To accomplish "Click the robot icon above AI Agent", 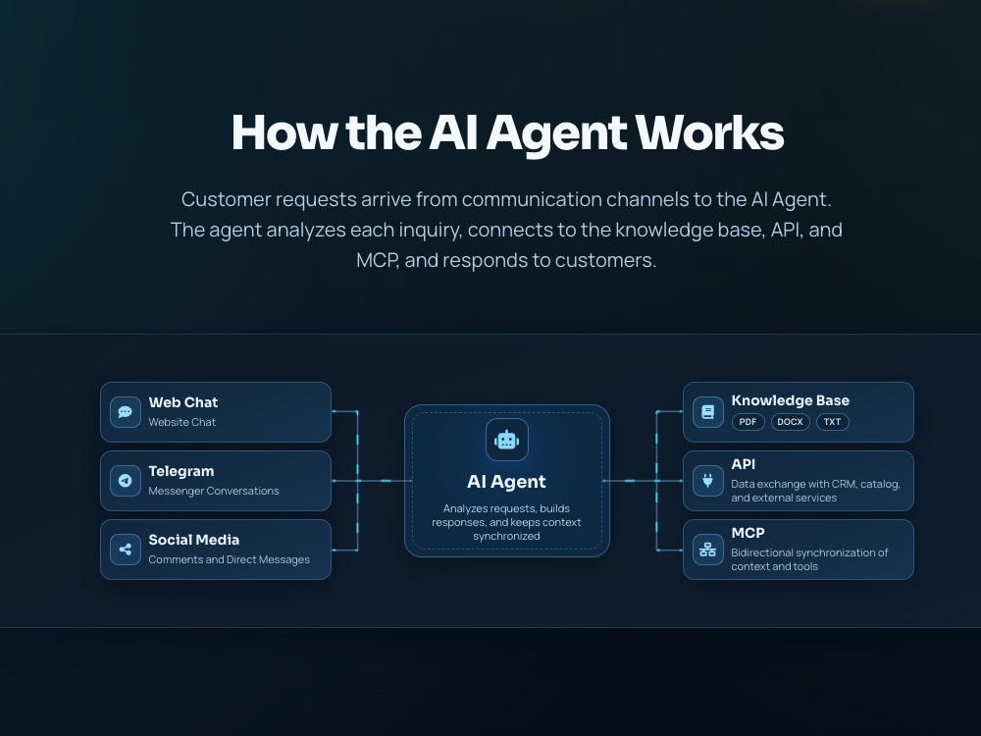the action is click(x=507, y=440).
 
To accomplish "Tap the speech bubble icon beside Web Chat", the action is click(x=126, y=412).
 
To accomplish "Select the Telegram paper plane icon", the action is click(x=126, y=481).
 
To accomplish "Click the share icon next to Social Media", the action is click(x=126, y=550).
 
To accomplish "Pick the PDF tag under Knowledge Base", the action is click(x=748, y=422).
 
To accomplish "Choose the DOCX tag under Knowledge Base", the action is click(x=790, y=422).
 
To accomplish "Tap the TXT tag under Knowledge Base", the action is click(x=832, y=422).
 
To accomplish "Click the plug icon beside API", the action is click(x=707, y=481).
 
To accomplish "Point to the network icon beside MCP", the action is click(x=707, y=550).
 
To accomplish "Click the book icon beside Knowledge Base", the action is click(x=707, y=412).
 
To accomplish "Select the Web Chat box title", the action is click(x=183, y=402).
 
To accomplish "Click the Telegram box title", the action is click(x=181, y=471).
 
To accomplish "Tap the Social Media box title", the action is click(x=194, y=540).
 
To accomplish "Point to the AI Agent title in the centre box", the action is click(x=507, y=482).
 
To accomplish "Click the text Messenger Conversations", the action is click(x=214, y=492).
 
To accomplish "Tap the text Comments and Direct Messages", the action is click(x=229, y=559).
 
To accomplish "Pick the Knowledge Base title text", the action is click(x=790, y=400).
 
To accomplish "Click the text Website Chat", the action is click(x=182, y=422).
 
